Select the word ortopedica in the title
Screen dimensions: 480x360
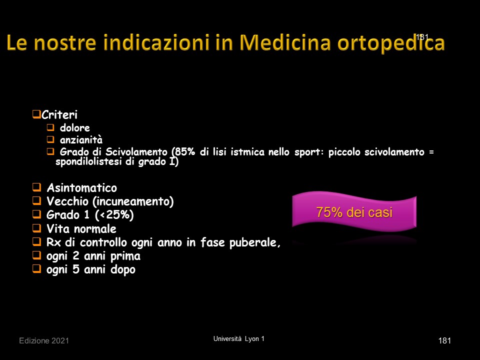point(391,43)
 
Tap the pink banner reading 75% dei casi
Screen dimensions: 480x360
point(354,211)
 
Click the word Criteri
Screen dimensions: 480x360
point(59,115)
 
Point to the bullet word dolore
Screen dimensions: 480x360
point(74,127)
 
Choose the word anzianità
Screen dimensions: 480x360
point(81,140)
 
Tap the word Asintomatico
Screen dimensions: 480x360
point(81,187)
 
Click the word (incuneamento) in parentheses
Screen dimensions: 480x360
point(133,201)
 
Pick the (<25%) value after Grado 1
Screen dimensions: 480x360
point(114,215)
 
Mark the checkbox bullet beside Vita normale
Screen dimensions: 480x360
point(36,228)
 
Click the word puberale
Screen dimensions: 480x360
point(254,242)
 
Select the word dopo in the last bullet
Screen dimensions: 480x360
point(123,269)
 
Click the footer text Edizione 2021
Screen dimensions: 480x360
point(44,340)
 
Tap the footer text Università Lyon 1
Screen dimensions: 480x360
point(239,339)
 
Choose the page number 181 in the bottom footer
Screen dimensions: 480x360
point(444,340)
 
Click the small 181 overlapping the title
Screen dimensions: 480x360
point(422,37)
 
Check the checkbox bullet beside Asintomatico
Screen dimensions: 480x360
point(36,187)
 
